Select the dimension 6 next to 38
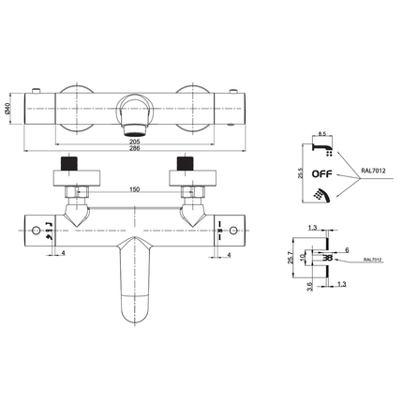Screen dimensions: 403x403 coord(346,249)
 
